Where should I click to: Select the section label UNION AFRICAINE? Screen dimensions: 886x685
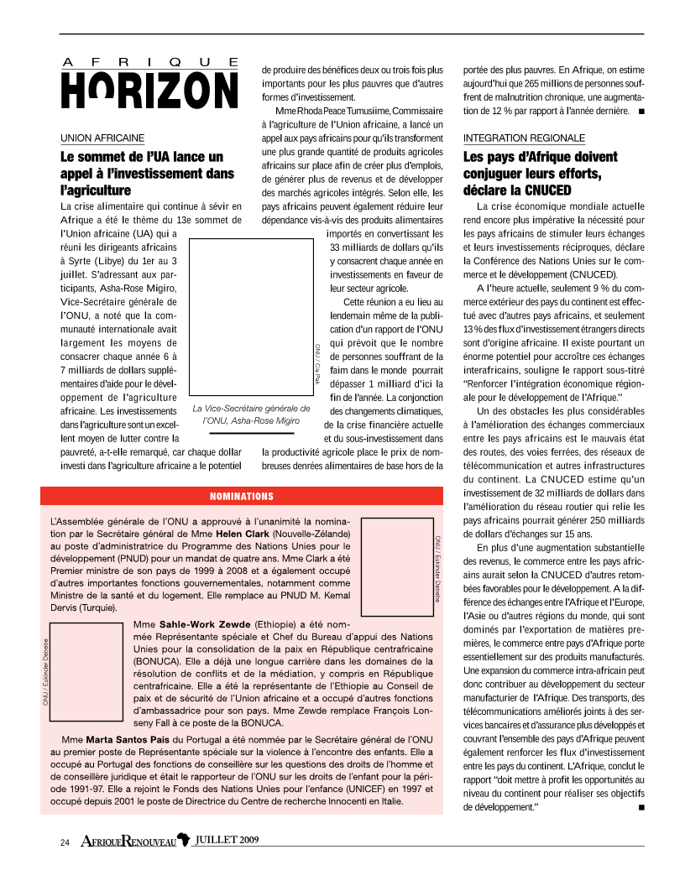tap(102, 137)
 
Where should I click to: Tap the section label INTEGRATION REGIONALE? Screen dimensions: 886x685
tap(524, 137)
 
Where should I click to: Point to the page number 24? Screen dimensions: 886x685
tap(64, 841)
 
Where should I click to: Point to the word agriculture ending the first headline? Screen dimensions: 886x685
tap(97, 190)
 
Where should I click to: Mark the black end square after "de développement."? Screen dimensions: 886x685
tap(641, 807)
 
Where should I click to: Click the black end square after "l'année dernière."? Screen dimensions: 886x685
tap(641, 111)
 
